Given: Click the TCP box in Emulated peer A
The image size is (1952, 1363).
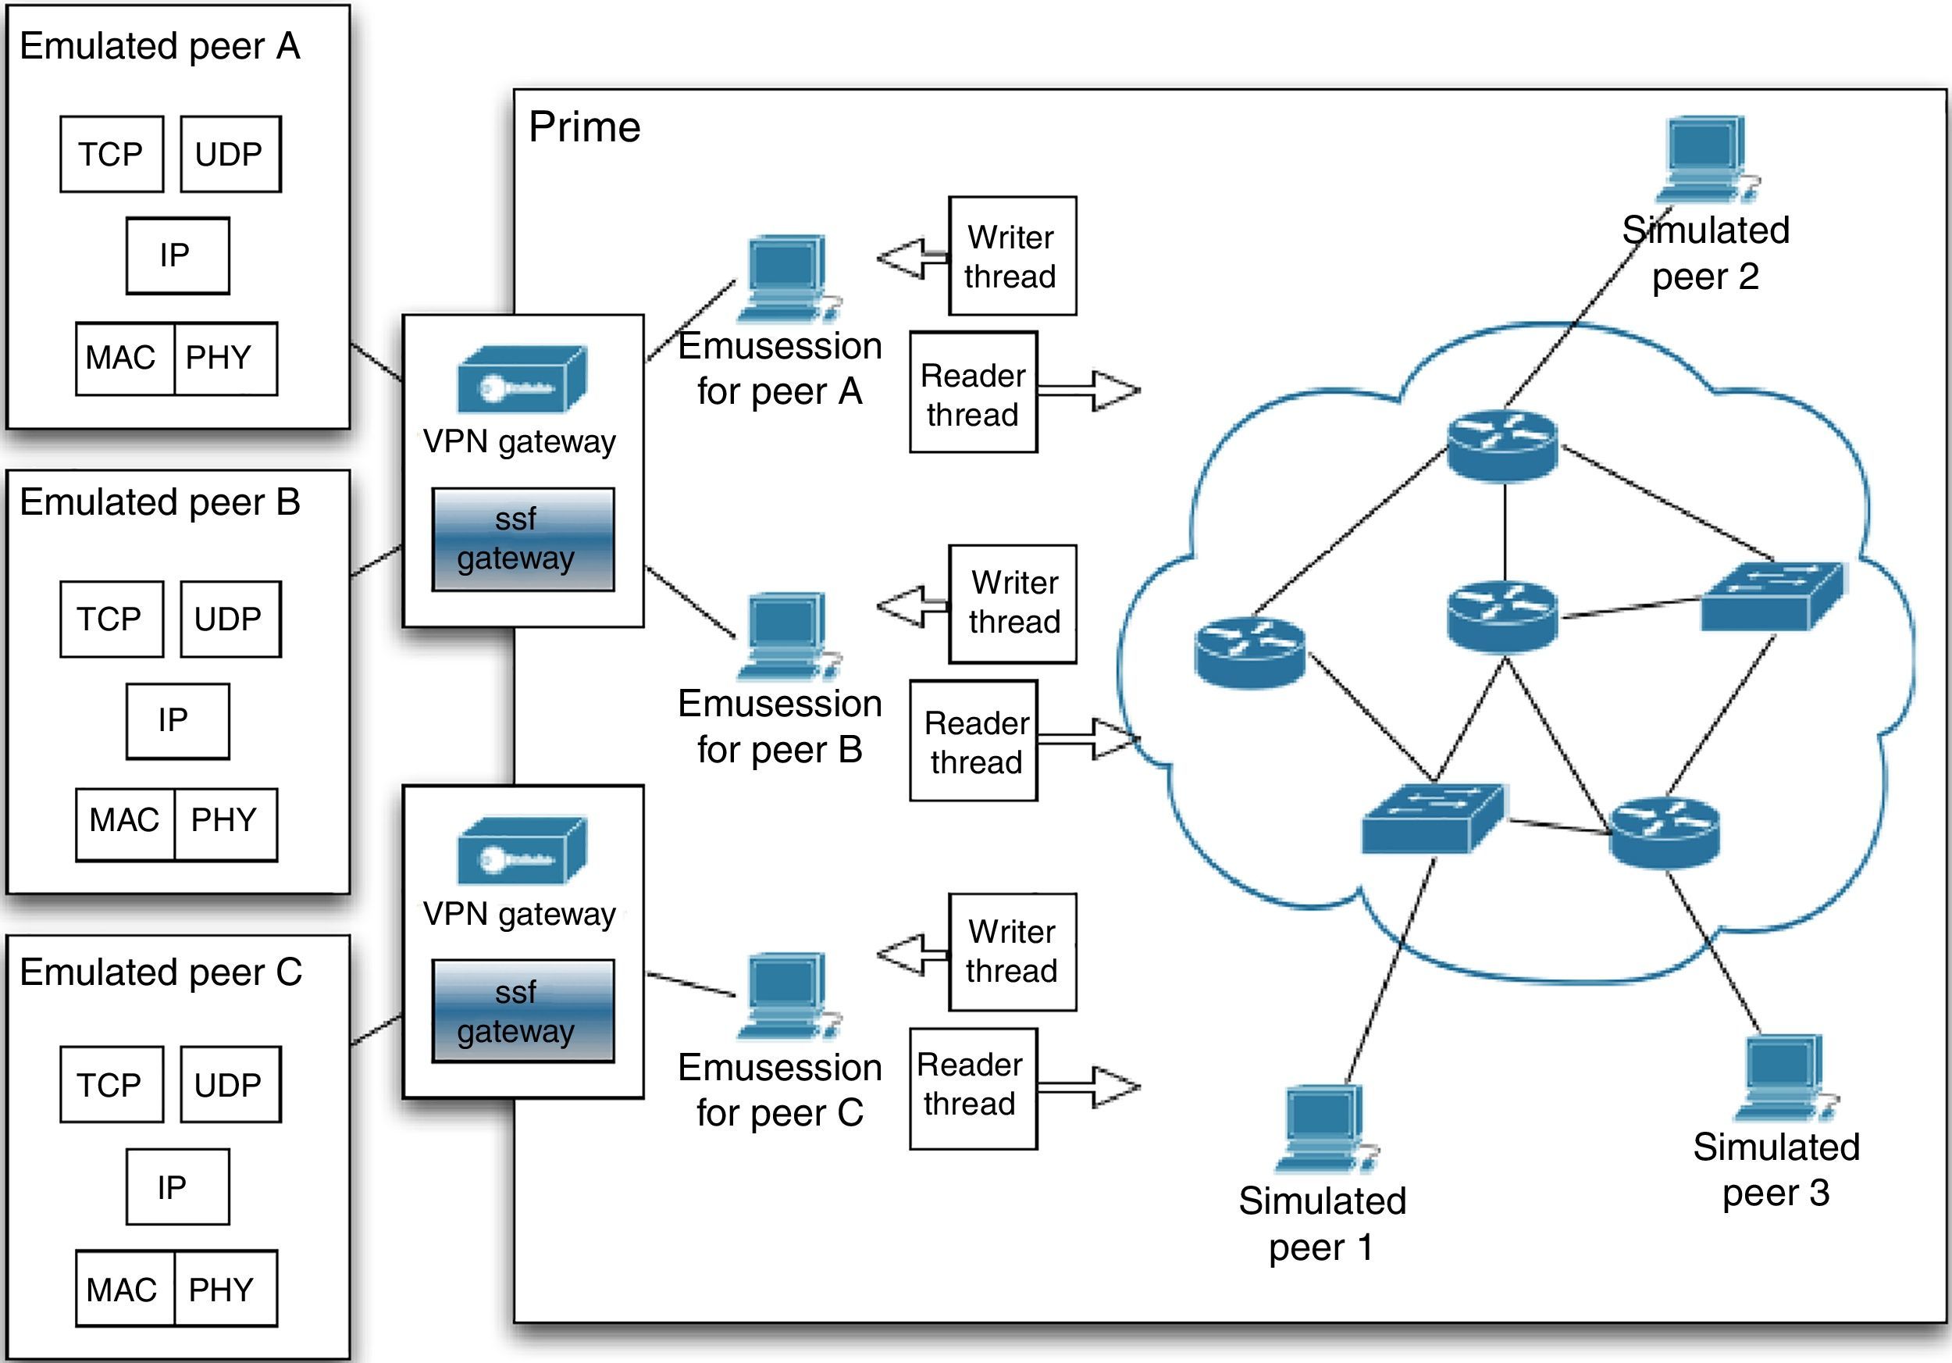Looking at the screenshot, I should pyautogui.click(x=112, y=154).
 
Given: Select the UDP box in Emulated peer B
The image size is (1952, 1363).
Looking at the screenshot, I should pyautogui.click(x=230, y=619).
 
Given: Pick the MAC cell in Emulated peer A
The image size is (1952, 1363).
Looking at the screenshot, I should pyautogui.click(x=124, y=358).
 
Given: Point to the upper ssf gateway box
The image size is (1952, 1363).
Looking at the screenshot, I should pyautogui.click(x=523, y=539).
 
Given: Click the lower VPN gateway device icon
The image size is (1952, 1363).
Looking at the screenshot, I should pyautogui.click(x=521, y=851).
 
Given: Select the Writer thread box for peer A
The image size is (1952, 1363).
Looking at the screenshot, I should pyautogui.click(x=1012, y=256).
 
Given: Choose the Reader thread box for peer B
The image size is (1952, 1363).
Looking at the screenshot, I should pyautogui.click(x=974, y=740).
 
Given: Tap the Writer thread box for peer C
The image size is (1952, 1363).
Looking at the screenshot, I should pyautogui.click(x=1012, y=951).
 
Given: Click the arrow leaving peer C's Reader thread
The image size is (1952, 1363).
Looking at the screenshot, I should pyautogui.click(x=1089, y=1086).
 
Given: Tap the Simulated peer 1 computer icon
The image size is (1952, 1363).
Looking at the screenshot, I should pyautogui.click(x=1323, y=1126).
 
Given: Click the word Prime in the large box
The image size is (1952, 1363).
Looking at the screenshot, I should pyautogui.click(x=584, y=127).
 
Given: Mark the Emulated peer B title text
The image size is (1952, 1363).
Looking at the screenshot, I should pyautogui.click(x=160, y=501).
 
